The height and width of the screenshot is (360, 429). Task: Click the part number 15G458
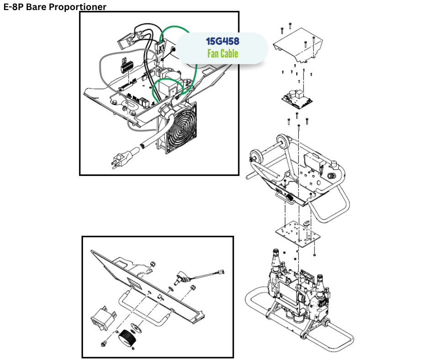pos(222,41)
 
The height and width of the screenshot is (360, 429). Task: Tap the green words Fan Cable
pos(222,53)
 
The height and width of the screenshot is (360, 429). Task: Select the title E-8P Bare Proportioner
pos(54,7)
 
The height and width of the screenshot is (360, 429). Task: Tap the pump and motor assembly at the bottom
pos(299,292)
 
